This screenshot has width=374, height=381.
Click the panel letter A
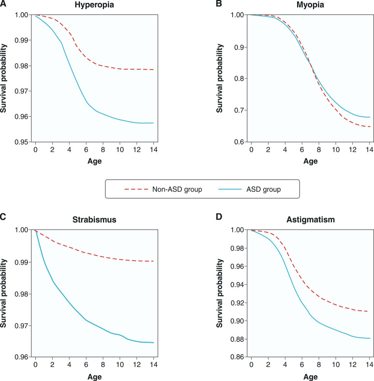pos(3,4)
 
